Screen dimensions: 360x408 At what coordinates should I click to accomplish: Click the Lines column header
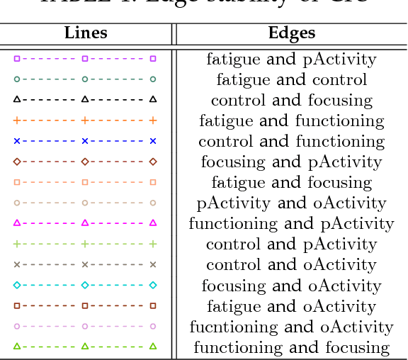[86, 33]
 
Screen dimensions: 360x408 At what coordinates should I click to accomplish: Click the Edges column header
[291, 33]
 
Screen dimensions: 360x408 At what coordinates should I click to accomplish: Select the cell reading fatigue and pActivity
[291, 60]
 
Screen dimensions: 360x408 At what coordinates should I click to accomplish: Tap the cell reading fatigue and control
[291, 80]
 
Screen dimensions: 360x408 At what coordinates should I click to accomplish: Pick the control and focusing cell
[291, 101]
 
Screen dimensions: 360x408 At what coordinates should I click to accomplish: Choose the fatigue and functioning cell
[291, 121]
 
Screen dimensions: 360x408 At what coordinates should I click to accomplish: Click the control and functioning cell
[291, 142]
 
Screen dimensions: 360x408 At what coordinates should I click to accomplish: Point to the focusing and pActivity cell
[291, 162]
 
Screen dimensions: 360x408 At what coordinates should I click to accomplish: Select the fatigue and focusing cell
[291, 183]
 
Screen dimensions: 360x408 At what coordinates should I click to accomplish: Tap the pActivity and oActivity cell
[291, 203]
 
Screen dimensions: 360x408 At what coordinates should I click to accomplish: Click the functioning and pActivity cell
[291, 224]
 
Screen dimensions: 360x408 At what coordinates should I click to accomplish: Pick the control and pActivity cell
[291, 244]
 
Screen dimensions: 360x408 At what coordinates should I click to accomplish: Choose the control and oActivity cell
[291, 265]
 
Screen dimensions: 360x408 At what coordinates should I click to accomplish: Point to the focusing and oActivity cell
[291, 286]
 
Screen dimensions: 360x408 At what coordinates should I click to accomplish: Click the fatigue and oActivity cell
[291, 306]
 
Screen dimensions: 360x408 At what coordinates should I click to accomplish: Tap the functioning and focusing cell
[291, 347]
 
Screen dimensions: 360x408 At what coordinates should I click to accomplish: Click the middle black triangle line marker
[85, 100]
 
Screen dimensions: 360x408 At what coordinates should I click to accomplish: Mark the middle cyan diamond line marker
[85, 285]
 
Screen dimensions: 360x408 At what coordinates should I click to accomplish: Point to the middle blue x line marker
[85, 141]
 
